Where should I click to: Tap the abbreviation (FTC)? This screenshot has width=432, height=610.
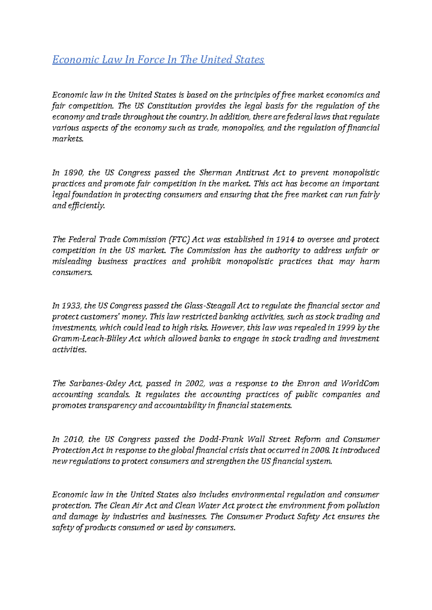(x=179, y=240)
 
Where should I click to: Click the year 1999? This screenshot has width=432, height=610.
(x=346, y=328)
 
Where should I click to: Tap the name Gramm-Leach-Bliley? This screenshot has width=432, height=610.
(x=89, y=339)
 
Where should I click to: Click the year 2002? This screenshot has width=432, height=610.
(x=195, y=383)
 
